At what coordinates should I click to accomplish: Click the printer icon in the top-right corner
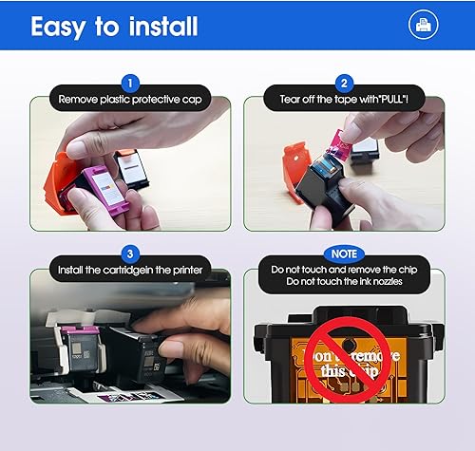[x=424, y=26]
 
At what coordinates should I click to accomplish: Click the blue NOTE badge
[x=345, y=254]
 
